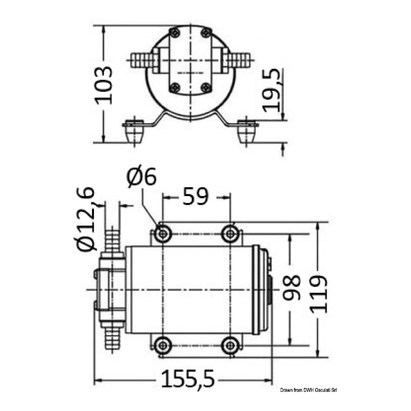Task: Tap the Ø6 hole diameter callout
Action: pos(142,177)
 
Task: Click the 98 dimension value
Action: pos(291,287)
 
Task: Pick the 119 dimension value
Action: pos(319,293)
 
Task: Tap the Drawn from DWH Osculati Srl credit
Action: pos(309,390)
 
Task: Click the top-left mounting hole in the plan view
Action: pos(163,233)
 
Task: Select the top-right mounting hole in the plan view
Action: pos(230,233)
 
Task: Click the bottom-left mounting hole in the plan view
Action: pos(163,345)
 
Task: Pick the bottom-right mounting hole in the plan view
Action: pos(230,345)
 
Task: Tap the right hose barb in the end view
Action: pos(240,60)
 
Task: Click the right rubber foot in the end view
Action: pos(247,134)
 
